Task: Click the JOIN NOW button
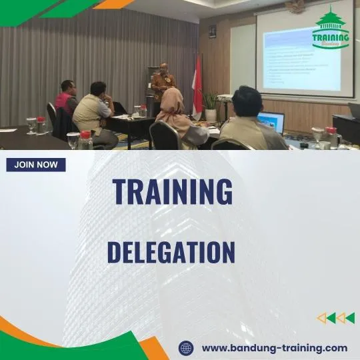(36, 165)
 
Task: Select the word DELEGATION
(171, 253)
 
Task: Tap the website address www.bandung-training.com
(274, 347)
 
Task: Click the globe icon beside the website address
(187, 348)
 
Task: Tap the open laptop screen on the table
(272, 122)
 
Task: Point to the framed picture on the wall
(212, 31)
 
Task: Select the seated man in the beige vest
(94, 110)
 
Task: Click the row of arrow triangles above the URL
(335, 318)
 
